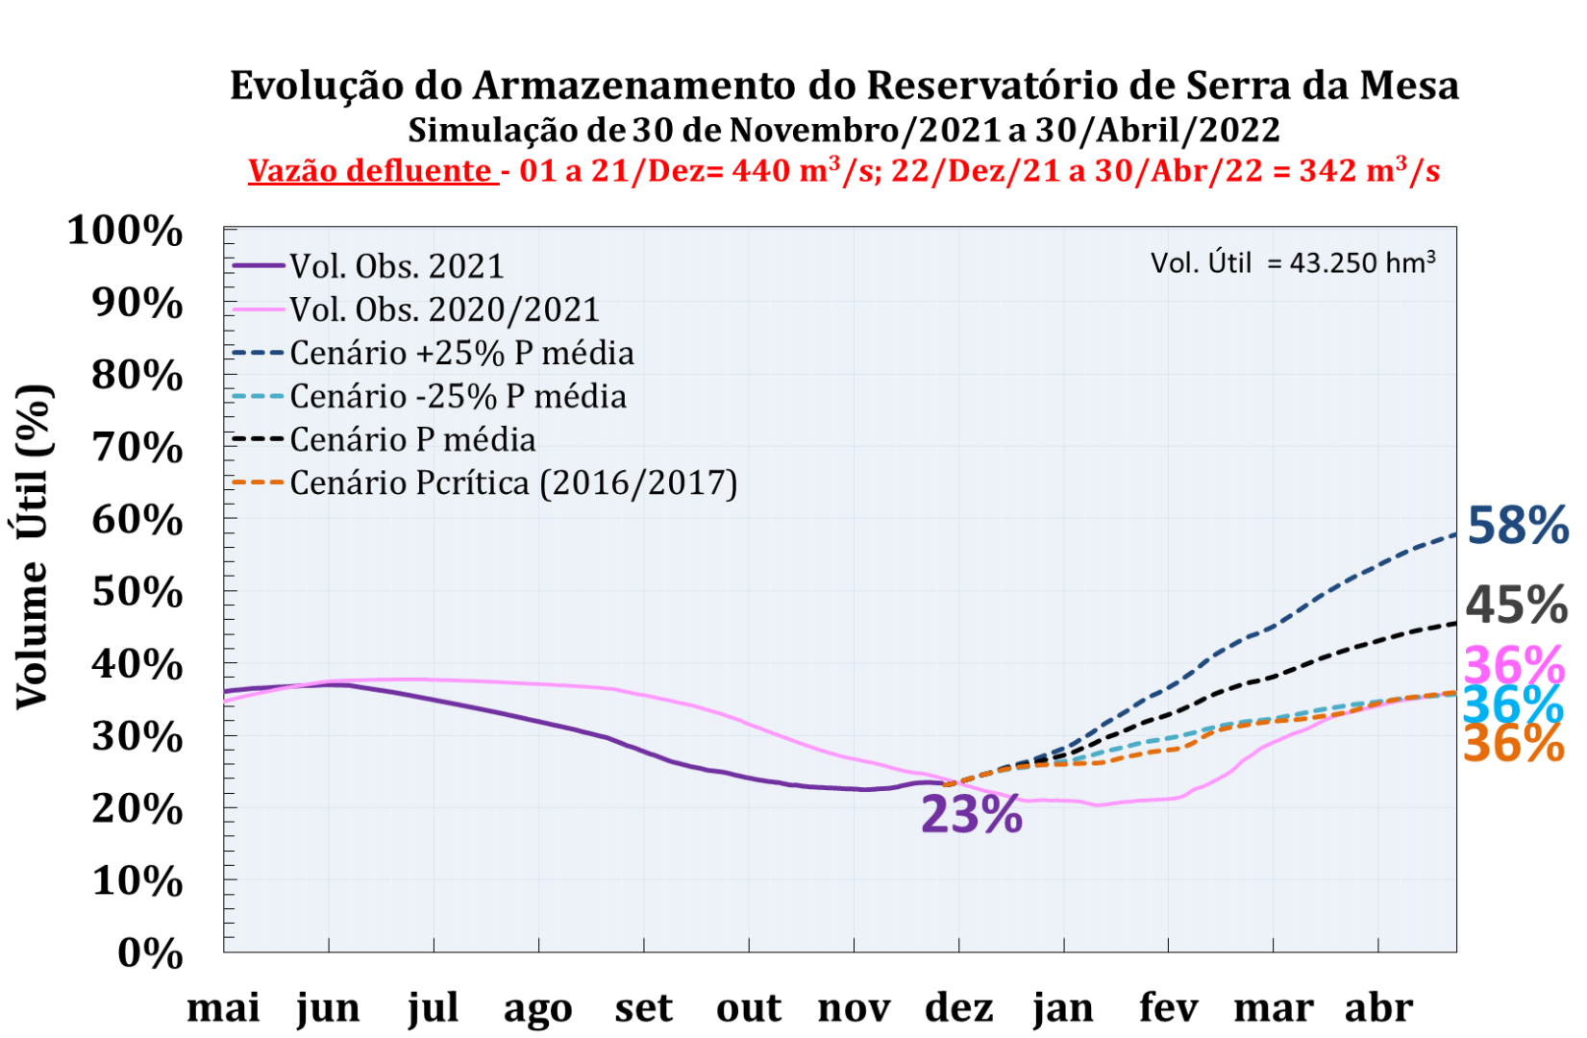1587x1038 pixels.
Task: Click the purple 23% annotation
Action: [971, 814]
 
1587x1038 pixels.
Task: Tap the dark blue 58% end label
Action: [1517, 526]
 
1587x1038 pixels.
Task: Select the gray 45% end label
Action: [1516, 605]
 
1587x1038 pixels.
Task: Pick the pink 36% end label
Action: [1514, 665]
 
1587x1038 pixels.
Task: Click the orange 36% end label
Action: [1513, 744]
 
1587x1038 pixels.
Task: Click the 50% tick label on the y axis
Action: [136, 592]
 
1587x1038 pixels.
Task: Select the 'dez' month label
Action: [958, 1008]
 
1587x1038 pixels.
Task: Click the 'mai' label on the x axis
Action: [223, 1008]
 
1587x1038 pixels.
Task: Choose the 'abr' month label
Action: [1378, 1008]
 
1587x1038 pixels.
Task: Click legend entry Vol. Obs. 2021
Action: [396, 266]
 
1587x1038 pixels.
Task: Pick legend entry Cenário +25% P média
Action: [461, 353]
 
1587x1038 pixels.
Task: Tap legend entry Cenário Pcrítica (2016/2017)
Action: [513, 482]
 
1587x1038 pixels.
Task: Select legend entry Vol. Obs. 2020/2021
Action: [444, 309]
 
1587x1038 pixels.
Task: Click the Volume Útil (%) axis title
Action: [33, 546]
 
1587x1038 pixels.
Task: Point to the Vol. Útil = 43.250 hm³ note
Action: [1293, 262]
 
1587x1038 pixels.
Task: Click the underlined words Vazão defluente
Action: [371, 171]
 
